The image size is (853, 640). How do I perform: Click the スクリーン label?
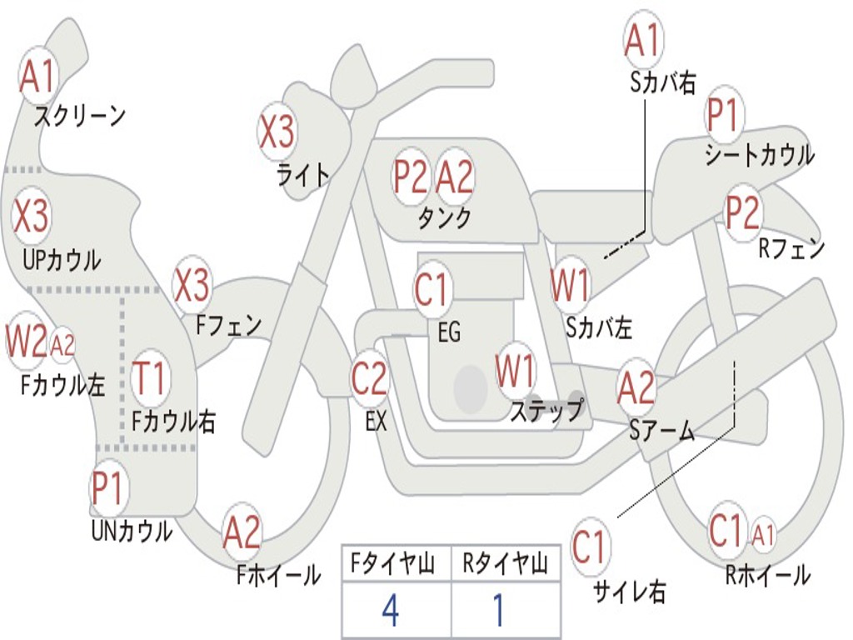click(80, 116)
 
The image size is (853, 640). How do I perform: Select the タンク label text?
click(444, 217)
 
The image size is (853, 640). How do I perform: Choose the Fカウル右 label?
click(174, 422)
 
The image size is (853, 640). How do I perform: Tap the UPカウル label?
click(62, 260)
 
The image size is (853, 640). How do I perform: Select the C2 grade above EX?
click(369, 379)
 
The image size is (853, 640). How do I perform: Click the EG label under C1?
click(448, 332)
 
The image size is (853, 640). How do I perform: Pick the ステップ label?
click(546, 410)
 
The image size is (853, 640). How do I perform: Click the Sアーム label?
click(661, 431)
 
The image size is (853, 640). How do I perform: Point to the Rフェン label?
click(791, 248)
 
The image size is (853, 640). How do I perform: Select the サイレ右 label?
click(630, 591)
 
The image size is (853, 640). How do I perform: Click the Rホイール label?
click(767, 574)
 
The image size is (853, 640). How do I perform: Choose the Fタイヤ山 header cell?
click(396, 566)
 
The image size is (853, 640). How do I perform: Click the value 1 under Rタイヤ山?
click(499, 611)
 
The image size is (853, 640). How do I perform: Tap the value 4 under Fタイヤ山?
click(390, 611)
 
